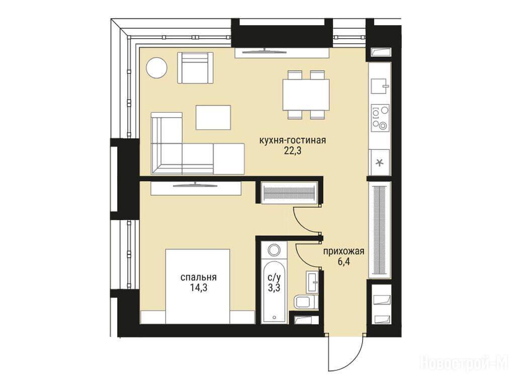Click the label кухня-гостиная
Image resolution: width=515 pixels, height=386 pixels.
click(x=293, y=141)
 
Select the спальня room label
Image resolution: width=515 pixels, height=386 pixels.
click(x=198, y=277)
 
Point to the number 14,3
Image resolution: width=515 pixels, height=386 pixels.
click(x=198, y=288)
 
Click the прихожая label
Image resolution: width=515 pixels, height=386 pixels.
click(x=344, y=252)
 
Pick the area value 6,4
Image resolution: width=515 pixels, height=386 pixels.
click(x=344, y=262)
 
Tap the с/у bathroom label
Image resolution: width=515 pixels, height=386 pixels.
click(x=275, y=277)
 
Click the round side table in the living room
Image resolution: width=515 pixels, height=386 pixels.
click(x=157, y=68)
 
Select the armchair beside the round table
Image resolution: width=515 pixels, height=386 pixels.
click(x=195, y=67)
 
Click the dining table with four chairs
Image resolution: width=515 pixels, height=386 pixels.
click(x=306, y=94)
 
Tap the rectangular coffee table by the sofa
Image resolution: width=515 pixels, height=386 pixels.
click(x=213, y=117)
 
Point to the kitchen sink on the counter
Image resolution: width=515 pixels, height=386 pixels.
click(x=380, y=86)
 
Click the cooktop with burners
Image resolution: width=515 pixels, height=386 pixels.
click(x=380, y=118)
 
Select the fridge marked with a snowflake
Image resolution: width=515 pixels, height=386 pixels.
click(x=380, y=162)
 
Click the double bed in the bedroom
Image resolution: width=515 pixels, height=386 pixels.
click(x=198, y=286)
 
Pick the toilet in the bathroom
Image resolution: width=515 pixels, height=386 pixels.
click(x=305, y=302)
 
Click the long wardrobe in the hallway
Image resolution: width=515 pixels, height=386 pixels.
click(x=380, y=229)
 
